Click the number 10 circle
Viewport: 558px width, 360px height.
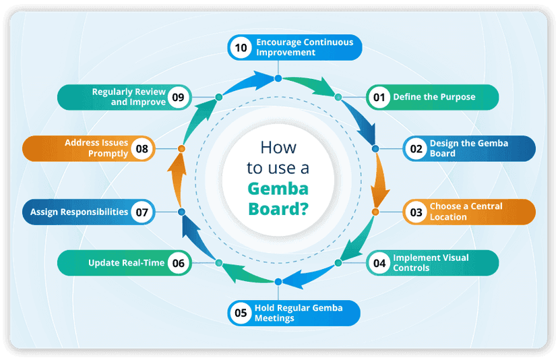[x=239, y=47]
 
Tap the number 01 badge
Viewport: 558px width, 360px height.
[x=379, y=97]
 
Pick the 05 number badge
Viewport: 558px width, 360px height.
[x=240, y=313]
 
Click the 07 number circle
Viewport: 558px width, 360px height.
[x=141, y=212]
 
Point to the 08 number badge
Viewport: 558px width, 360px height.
[x=141, y=148]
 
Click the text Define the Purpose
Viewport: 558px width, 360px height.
[x=434, y=97]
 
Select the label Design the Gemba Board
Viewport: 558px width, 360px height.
[x=468, y=148]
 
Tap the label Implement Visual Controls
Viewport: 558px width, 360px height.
[x=431, y=262]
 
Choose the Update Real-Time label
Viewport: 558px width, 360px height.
[x=126, y=263]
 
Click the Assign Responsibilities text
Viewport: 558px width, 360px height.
[x=79, y=212]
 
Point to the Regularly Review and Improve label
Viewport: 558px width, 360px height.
[x=129, y=97]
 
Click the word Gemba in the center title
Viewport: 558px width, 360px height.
[x=276, y=188]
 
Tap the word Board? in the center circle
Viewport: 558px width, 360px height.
[x=278, y=208]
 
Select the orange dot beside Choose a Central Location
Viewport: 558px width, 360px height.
[x=375, y=212]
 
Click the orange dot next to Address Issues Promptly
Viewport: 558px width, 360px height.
[x=181, y=148]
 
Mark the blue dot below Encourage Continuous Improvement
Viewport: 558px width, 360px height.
[x=278, y=79]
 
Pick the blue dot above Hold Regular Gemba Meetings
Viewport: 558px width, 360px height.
[x=278, y=280]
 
